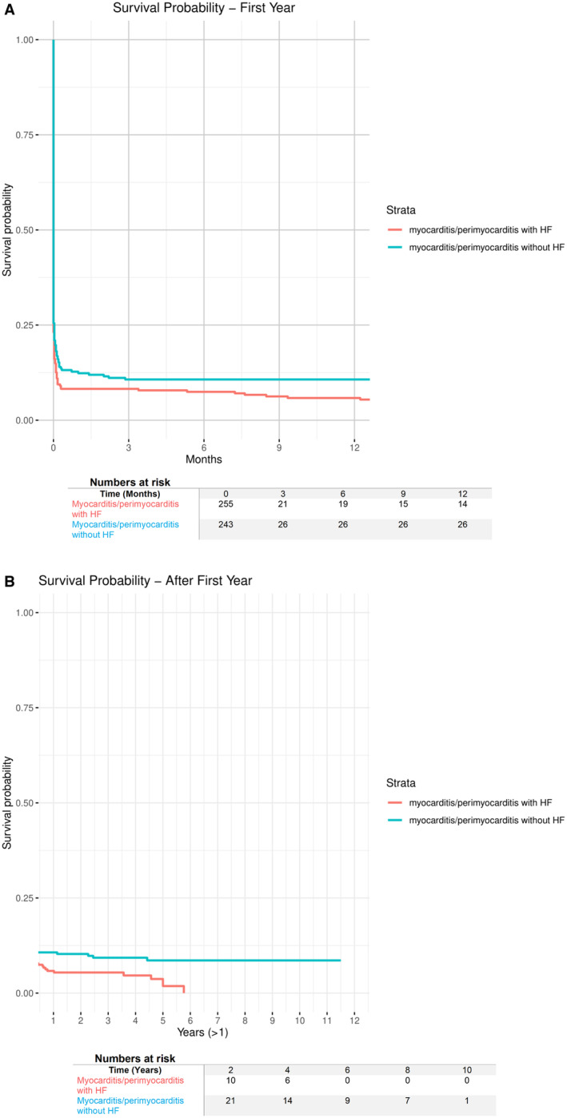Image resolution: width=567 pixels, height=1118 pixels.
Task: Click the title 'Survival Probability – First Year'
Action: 204,8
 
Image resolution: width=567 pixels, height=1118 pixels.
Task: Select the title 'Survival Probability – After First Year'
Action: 146,580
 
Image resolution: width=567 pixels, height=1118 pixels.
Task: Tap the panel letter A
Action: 9,10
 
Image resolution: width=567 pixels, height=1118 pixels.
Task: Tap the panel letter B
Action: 9,582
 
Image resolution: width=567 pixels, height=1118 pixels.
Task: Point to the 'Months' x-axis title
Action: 204,460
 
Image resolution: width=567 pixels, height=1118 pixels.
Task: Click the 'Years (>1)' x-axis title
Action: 202,1032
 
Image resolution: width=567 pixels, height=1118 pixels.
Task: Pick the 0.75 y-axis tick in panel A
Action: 25,135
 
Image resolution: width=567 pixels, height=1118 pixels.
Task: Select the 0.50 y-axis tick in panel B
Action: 25,802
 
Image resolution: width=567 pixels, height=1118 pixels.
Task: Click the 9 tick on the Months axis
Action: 279,448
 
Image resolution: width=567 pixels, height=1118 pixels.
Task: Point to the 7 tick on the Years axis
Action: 218,1021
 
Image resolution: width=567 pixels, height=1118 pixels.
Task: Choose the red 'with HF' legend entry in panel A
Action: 470,229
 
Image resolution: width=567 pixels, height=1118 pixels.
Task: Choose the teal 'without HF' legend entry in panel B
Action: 476,820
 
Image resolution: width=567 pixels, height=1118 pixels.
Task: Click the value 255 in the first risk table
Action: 226,504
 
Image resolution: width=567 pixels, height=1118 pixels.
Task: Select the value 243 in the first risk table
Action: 226,524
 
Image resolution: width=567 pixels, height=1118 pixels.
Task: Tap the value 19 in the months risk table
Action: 343,504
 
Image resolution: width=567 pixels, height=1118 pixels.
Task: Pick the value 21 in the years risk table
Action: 230,1100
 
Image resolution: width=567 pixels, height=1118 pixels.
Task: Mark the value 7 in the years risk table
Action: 408,1100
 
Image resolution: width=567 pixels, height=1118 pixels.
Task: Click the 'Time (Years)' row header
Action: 135,1070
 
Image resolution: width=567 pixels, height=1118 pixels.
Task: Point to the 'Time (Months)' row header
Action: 130,494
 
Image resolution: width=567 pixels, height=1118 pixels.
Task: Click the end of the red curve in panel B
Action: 185,993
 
